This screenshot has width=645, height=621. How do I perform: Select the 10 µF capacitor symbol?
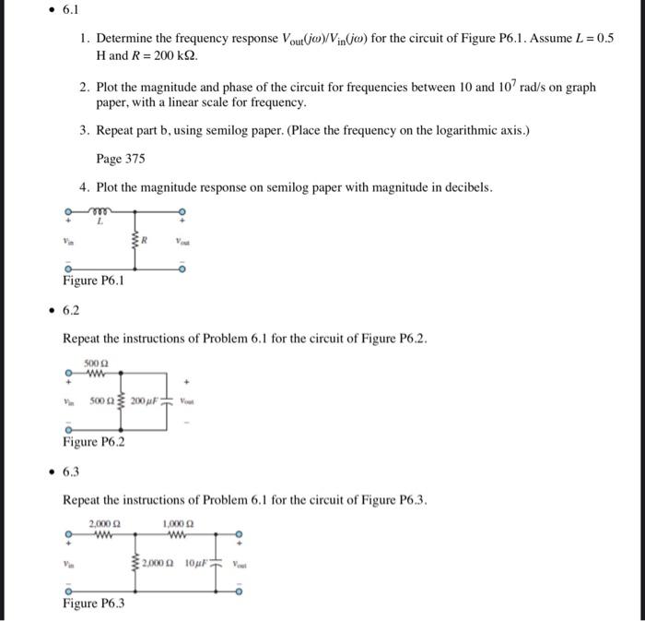(x=215, y=563)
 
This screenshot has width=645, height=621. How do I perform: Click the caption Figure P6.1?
(x=93, y=281)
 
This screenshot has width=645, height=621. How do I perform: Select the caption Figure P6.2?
(x=93, y=442)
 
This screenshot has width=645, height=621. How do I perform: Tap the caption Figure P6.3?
(x=93, y=603)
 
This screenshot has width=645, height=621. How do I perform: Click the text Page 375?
(x=121, y=159)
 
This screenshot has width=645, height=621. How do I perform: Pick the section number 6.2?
(x=72, y=311)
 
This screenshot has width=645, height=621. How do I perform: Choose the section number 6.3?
(x=72, y=472)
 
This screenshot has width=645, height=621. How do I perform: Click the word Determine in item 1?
(x=128, y=39)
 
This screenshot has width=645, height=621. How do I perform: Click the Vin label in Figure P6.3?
(x=66, y=563)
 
